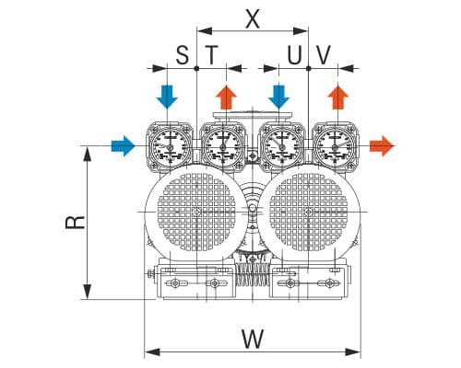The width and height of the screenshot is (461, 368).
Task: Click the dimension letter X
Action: coord(253,19)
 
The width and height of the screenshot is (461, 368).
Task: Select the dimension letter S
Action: coord(183,55)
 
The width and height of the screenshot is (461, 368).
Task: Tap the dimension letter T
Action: coord(211,55)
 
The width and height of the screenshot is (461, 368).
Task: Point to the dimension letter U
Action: coord(294,55)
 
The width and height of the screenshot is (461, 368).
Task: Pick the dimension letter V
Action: coord(324,55)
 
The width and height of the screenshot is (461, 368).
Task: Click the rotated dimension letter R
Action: coord(76,222)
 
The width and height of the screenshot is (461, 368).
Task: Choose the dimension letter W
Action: coord(253,339)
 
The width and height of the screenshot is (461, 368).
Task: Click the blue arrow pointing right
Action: coord(123,145)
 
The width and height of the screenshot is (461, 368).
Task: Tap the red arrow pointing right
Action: coord(382,145)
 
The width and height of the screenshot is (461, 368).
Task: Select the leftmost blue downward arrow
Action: coord(167,97)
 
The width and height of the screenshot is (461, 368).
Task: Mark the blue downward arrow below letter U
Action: coord(278,97)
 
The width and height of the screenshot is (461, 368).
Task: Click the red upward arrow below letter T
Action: coord(226,98)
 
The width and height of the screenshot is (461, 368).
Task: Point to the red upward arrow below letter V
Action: coord(338,98)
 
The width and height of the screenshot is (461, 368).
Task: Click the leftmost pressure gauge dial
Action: coord(170,146)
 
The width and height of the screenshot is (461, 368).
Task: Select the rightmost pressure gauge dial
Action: coord(335,146)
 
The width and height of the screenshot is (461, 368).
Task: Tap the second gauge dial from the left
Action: coord(223,146)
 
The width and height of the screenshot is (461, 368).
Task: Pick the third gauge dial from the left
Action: coord(281,146)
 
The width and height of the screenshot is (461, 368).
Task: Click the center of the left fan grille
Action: coord(196,212)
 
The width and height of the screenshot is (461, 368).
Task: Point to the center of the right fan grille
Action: coord(308,212)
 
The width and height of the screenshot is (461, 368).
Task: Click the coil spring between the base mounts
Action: coord(253,274)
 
